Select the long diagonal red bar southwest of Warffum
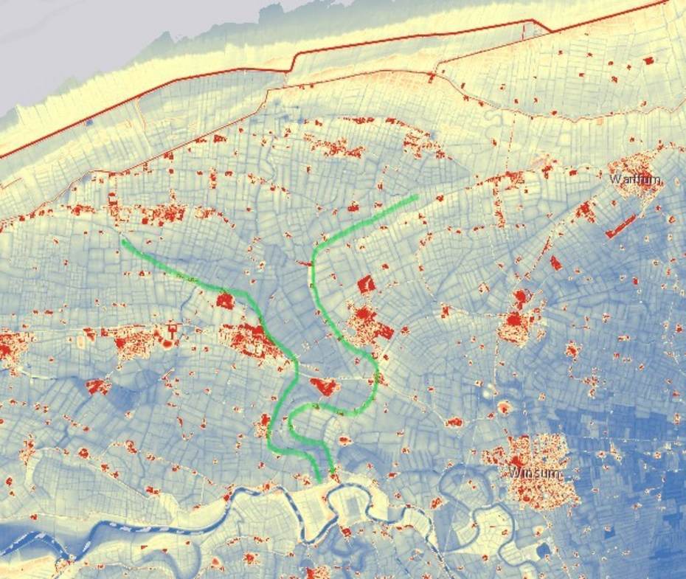pos(620,226)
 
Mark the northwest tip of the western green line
pos(123,239)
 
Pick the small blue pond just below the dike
pos(89,122)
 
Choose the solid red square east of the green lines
pos(366,283)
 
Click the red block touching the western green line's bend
pos(225,300)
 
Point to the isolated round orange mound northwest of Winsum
pos(505,407)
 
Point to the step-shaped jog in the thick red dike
pos(291,63)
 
